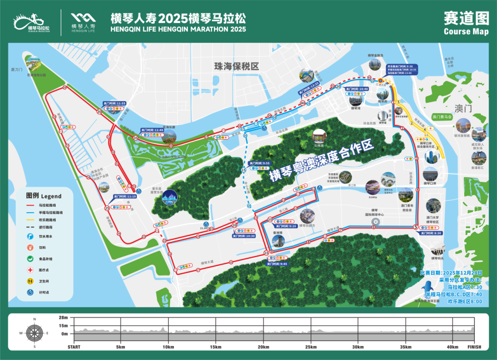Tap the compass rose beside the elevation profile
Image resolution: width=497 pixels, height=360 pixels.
click(34, 332)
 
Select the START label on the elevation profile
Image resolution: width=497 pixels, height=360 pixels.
click(77, 347)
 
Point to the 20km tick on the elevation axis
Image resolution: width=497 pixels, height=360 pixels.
click(263, 347)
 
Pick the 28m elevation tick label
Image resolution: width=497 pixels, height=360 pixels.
click(64, 318)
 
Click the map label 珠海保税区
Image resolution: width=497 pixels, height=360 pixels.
click(237, 66)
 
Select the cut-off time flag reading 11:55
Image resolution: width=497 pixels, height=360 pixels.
click(114, 104)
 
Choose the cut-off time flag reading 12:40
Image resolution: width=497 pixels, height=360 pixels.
click(152, 130)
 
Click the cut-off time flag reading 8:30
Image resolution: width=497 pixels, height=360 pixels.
click(431, 233)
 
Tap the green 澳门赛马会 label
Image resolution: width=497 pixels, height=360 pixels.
click(442, 117)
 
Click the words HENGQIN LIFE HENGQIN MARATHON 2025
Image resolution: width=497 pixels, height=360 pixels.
click(178, 29)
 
